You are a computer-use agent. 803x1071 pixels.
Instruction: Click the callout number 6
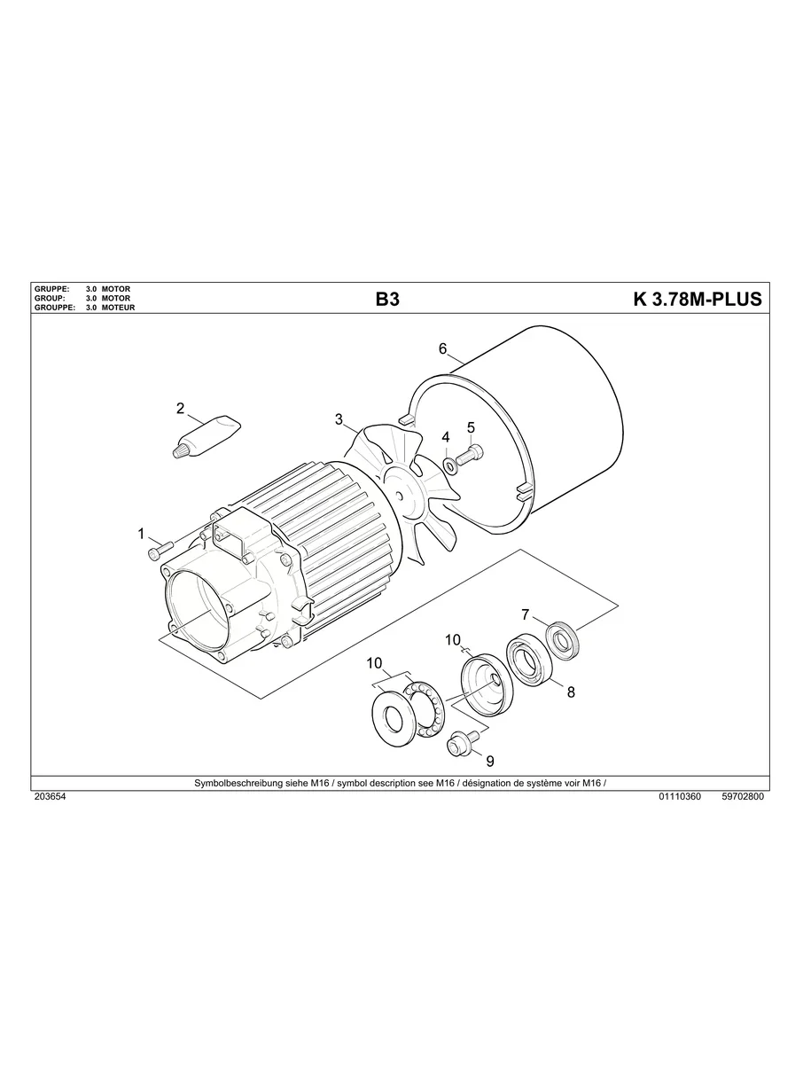point(442,348)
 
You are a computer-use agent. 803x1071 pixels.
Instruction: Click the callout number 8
point(571,692)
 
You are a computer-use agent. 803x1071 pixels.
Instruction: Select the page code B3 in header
point(387,300)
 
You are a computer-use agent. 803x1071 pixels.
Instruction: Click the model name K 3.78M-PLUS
point(697,300)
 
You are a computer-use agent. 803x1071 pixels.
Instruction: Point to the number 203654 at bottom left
point(50,796)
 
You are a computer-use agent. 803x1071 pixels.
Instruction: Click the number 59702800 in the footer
point(743,796)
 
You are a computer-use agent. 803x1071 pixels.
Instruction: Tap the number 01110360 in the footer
point(680,796)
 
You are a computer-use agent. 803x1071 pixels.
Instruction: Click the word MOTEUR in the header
point(119,308)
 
